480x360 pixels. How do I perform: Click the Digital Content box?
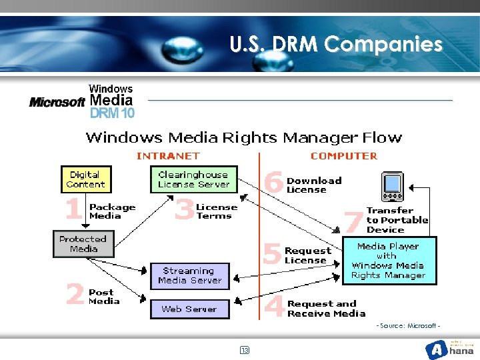(x=85, y=179)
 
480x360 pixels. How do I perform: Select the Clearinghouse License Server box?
(x=193, y=179)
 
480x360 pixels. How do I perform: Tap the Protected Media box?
(x=83, y=243)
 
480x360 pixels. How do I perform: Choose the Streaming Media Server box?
(x=189, y=275)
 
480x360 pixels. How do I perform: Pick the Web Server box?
(x=189, y=309)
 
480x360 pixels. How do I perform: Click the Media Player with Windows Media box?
(x=389, y=261)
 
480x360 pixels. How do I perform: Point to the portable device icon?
(x=392, y=187)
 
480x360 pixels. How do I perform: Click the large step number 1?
(x=73, y=210)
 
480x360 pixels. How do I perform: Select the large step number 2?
(x=75, y=294)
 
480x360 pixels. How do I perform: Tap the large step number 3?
(x=184, y=210)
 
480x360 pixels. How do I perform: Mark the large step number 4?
(x=274, y=307)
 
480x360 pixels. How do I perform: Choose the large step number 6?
(x=273, y=182)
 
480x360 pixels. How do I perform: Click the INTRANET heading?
(x=168, y=156)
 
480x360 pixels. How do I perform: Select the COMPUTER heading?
(x=343, y=156)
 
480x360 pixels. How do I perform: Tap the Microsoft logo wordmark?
(x=57, y=102)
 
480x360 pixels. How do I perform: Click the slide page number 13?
(x=244, y=350)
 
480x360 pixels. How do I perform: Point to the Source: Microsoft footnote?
(x=408, y=325)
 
